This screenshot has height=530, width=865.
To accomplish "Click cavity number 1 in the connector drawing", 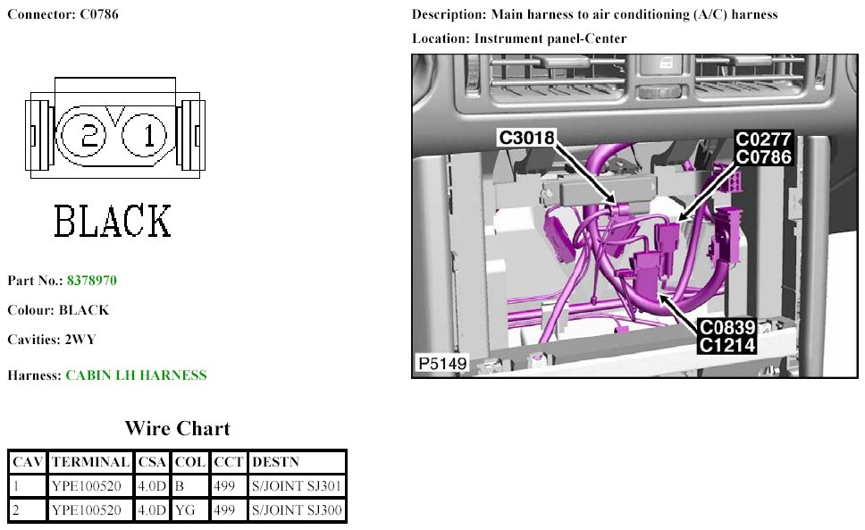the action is point(148,135).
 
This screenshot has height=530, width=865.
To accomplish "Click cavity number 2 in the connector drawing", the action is point(89,135).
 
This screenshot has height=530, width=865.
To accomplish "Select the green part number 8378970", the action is point(91,281).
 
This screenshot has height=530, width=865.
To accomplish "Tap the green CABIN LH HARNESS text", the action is point(136,375).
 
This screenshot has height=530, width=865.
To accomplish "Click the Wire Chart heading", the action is point(177,428).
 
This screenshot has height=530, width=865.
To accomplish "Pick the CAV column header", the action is point(28,462).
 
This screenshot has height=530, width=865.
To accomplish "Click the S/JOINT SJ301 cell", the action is point(297,486).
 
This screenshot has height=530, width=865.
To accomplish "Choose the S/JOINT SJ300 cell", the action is point(297,511).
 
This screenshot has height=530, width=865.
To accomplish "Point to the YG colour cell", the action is point(189,511).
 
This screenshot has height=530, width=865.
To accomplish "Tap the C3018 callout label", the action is point(526,138).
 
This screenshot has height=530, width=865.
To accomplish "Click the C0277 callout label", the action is point(763,140).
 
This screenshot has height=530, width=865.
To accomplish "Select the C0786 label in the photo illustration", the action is point(763,157).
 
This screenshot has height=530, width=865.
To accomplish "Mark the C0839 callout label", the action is point(727,328).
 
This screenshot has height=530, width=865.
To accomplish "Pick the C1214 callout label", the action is point(727,345).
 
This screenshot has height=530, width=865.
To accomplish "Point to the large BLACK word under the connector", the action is point(113,221).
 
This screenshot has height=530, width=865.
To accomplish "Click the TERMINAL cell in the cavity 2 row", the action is point(89,511).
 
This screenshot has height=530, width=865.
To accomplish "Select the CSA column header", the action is point(151,462).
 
